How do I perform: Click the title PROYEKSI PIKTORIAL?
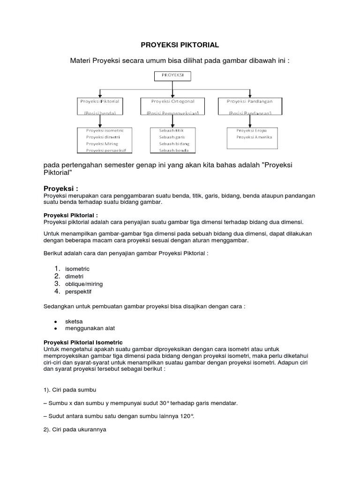click(180, 45)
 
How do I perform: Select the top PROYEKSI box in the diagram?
click(172, 75)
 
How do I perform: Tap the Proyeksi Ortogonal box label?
click(172, 101)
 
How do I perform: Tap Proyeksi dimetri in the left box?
click(104, 137)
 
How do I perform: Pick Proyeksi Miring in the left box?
click(102, 143)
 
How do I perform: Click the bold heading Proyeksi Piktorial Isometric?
click(83, 343)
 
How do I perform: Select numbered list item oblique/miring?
click(84, 284)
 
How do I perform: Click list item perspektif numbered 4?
click(78, 292)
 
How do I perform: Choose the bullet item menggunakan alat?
click(90, 328)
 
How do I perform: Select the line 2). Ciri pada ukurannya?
click(75, 428)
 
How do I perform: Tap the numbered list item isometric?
click(77, 269)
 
